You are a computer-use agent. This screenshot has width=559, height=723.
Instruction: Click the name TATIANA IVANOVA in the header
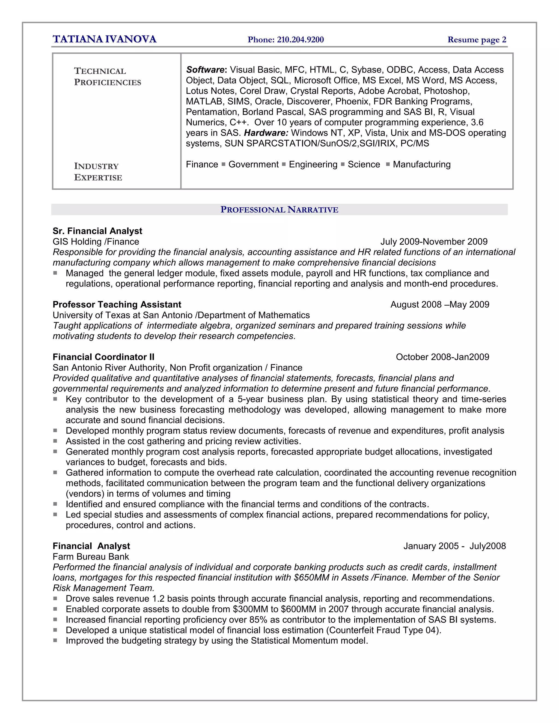104,39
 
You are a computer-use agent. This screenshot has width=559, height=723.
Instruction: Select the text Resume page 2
477,40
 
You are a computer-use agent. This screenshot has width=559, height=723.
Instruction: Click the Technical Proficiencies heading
107,76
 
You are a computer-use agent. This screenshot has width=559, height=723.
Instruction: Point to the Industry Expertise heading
98,172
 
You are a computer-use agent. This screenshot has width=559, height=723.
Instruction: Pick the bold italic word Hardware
266,133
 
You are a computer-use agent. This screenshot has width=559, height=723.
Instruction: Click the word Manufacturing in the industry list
421,164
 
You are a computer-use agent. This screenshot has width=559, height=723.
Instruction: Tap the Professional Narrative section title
279,210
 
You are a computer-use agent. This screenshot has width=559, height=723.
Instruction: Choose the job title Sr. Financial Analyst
97,231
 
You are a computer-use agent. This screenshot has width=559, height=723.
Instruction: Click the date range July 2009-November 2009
434,242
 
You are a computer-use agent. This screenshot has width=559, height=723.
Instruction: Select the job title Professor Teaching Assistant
117,304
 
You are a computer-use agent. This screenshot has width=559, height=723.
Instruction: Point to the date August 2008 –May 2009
439,304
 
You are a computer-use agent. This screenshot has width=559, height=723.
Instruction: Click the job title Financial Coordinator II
103,357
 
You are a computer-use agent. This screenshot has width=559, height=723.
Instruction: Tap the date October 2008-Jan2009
442,357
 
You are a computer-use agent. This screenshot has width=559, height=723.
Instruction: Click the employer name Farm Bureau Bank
91,557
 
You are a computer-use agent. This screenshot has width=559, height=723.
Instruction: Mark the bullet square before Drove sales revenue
55,598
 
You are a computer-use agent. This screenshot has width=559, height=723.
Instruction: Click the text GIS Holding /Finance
96,242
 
